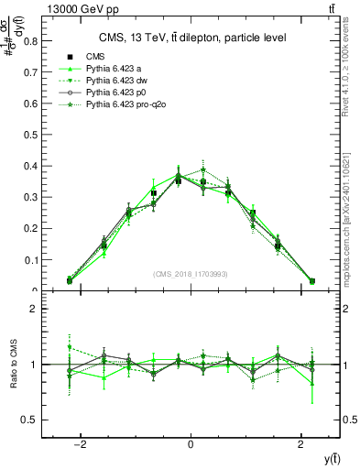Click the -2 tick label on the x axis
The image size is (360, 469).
coord(81,444)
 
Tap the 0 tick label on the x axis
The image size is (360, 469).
coord(191,444)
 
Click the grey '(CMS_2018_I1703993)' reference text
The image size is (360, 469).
coord(191,274)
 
